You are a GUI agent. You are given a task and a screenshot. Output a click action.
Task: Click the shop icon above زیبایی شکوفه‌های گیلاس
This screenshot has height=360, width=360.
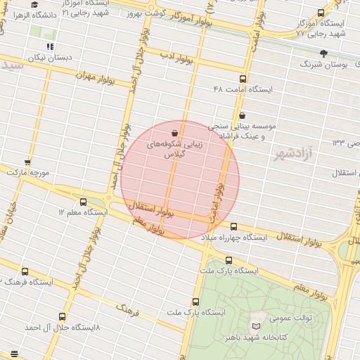pos(174,133)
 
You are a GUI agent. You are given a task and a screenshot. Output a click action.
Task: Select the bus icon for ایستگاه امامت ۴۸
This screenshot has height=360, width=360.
pos(243,79)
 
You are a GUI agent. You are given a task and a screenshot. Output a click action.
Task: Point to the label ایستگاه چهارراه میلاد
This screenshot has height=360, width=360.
pos(234,238)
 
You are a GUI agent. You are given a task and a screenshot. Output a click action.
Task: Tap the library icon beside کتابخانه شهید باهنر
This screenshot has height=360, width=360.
pos(256,327)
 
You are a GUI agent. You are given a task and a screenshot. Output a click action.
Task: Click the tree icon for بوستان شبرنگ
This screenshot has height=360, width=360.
pos(323,53)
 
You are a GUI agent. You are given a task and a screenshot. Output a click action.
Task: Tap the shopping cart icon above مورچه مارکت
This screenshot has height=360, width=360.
pos(27,162)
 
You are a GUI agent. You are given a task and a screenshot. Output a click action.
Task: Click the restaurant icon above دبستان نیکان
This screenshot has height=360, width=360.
pos(49,46)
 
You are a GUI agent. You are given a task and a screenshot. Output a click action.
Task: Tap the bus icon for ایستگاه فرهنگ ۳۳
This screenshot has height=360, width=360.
pos(25,271)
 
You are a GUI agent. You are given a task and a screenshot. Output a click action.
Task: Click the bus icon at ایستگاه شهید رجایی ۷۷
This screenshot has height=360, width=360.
pos(321,13)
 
